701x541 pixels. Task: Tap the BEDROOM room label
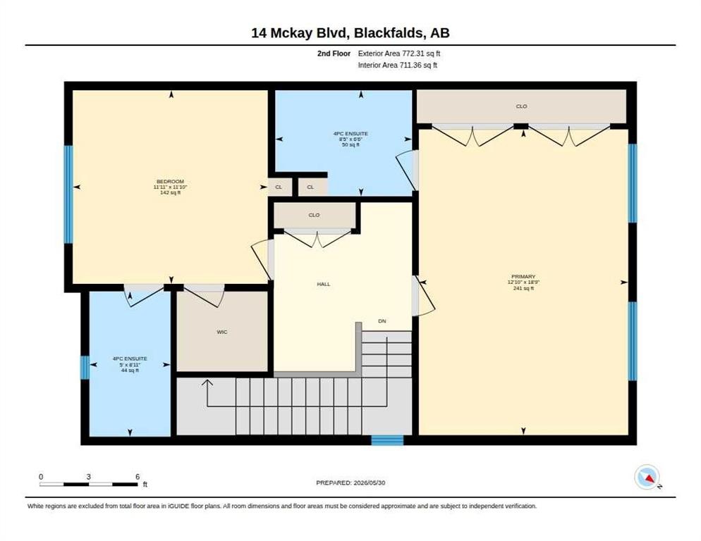tap(171, 181)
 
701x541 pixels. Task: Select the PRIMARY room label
tap(523, 277)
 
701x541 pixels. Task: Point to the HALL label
tap(324, 284)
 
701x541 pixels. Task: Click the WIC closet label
tap(221, 332)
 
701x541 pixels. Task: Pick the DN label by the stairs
tap(382, 321)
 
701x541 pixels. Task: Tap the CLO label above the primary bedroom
tap(521, 106)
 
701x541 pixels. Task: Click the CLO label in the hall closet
tap(314, 216)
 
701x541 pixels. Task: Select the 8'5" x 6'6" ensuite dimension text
tap(350, 139)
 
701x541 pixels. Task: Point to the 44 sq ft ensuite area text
tap(130, 371)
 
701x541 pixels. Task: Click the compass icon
tap(647, 477)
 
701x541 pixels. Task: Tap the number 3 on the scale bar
tap(89, 477)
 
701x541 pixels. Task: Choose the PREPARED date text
tap(350, 483)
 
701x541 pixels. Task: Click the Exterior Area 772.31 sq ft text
tap(399, 54)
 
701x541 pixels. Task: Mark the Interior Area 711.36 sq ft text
tap(398, 66)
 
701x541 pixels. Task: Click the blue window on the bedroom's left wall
tap(68, 194)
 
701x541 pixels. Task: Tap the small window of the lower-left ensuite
tap(85, 367)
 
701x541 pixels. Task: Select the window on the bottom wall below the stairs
tap(388, 440)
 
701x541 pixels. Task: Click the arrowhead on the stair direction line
tap(207, 383)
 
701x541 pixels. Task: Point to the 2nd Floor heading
tap(334, 54)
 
